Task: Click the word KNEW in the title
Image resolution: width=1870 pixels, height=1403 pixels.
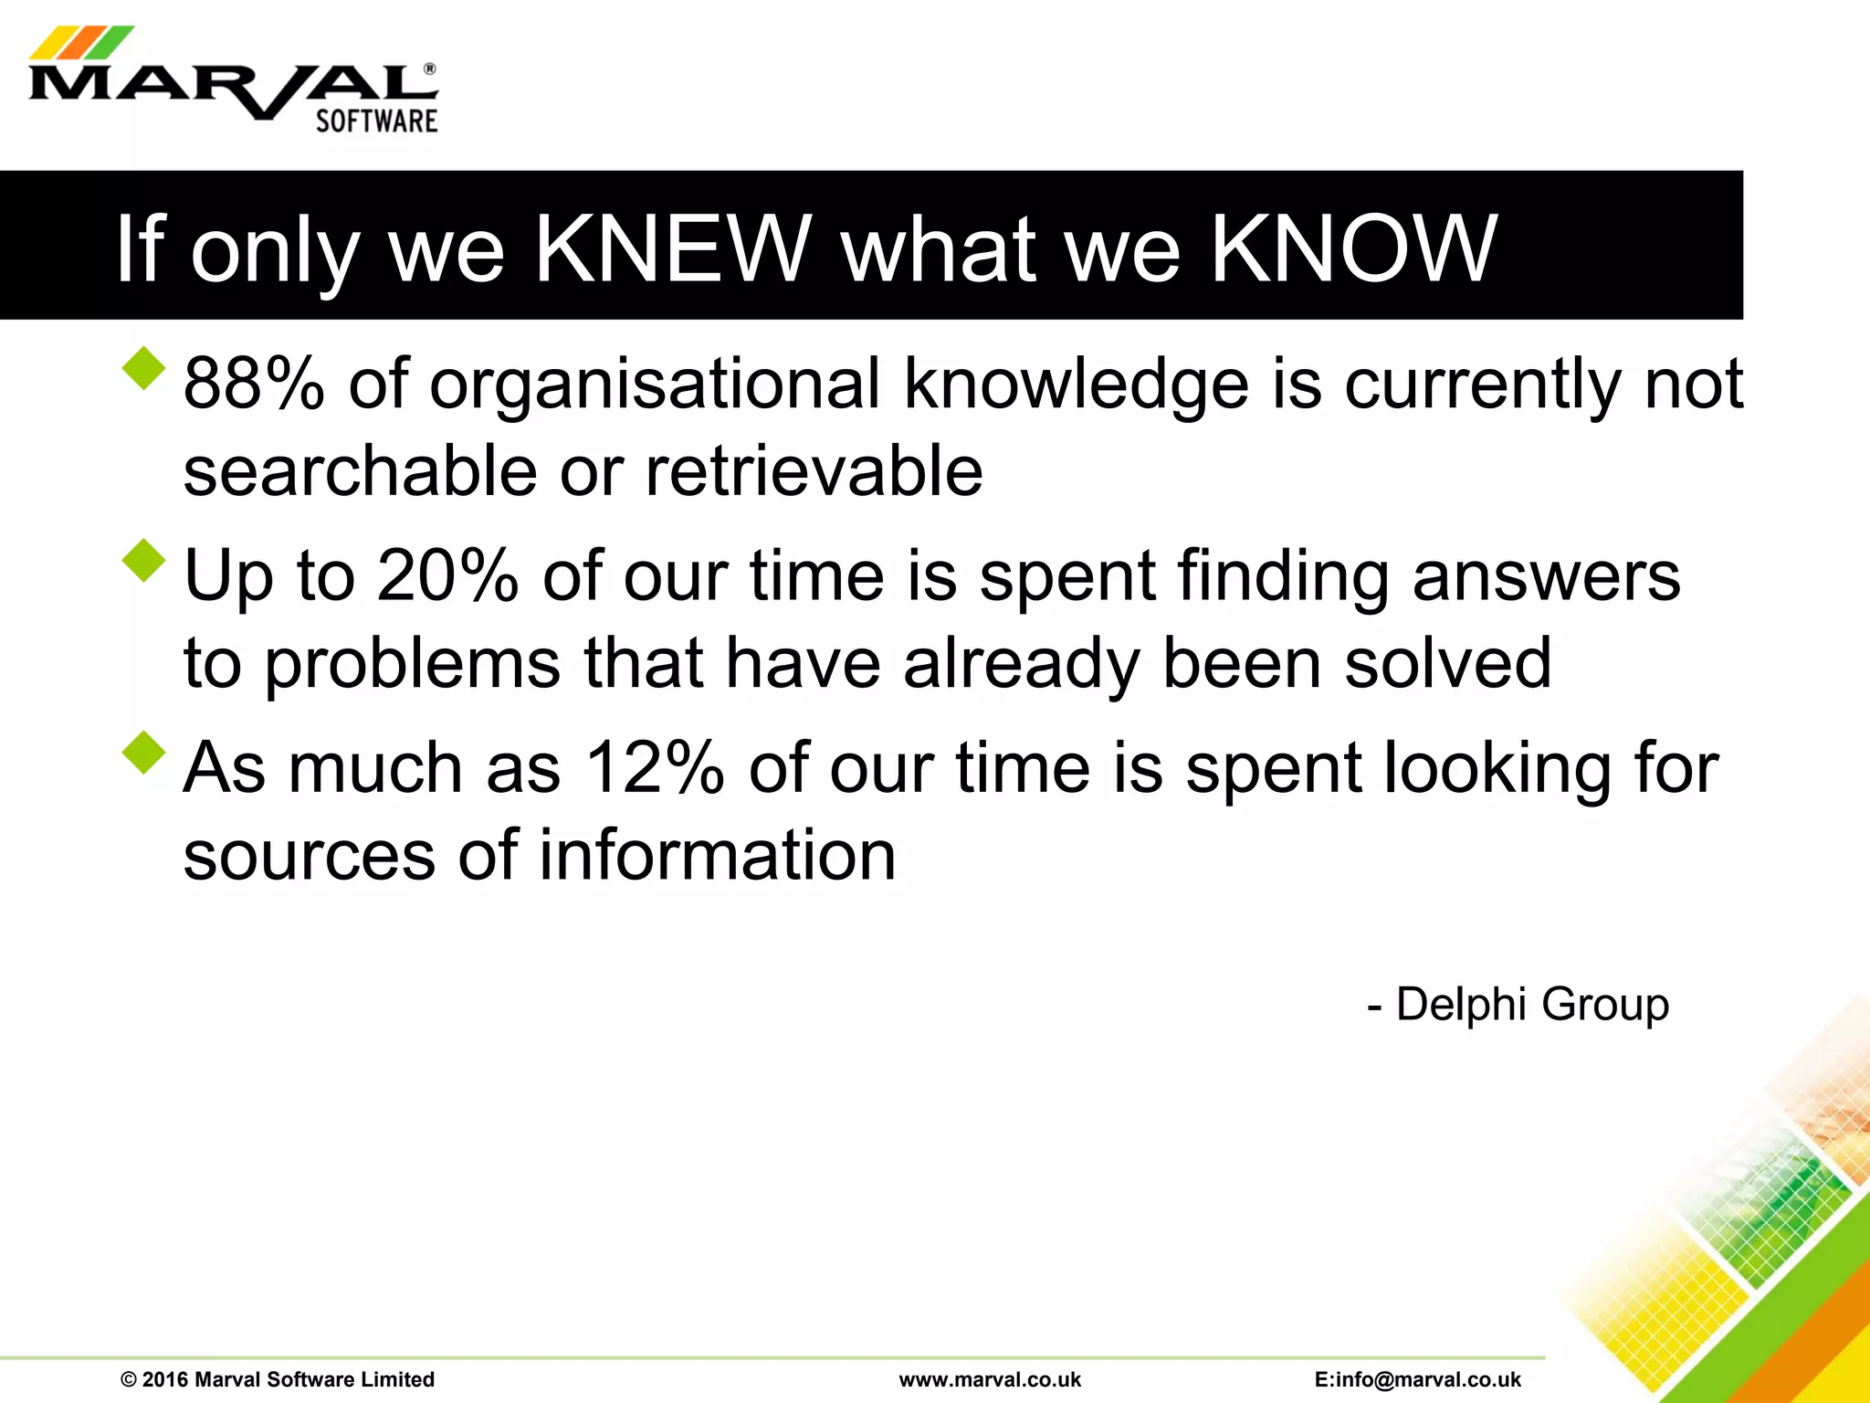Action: tap(672, 248)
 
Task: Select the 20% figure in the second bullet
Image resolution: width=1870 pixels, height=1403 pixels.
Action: tap(447, 575)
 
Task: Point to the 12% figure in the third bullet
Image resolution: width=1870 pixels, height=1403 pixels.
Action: tap(654, 767)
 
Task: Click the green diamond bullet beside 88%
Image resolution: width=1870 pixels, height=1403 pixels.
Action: tap(144, 368)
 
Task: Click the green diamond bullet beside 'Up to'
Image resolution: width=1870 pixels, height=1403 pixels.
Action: tap(144, 560)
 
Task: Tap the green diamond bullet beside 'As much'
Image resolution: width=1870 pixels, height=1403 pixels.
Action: tap(144, 753)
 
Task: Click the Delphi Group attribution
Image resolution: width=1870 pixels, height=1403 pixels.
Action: tap(1518, 1005)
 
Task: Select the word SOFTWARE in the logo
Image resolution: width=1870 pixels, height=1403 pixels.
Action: tap(376, 121)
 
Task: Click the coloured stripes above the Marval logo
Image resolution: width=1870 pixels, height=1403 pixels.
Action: tap(80, 42)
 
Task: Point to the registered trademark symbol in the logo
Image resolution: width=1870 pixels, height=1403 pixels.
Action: tap(429, 69)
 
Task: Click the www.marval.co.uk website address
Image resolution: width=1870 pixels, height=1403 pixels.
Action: tap(990, 1379)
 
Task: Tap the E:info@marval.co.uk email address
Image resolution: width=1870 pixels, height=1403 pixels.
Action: tap(1417, 1379)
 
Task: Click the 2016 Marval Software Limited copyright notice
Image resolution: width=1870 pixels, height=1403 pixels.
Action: tap(278, 1379)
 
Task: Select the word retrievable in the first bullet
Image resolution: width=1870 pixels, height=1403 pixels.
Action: tap(814, 471)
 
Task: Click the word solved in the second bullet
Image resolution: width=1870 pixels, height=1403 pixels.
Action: tap(1448, 663)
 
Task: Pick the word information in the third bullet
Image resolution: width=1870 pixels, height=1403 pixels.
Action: tap(717, 855)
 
